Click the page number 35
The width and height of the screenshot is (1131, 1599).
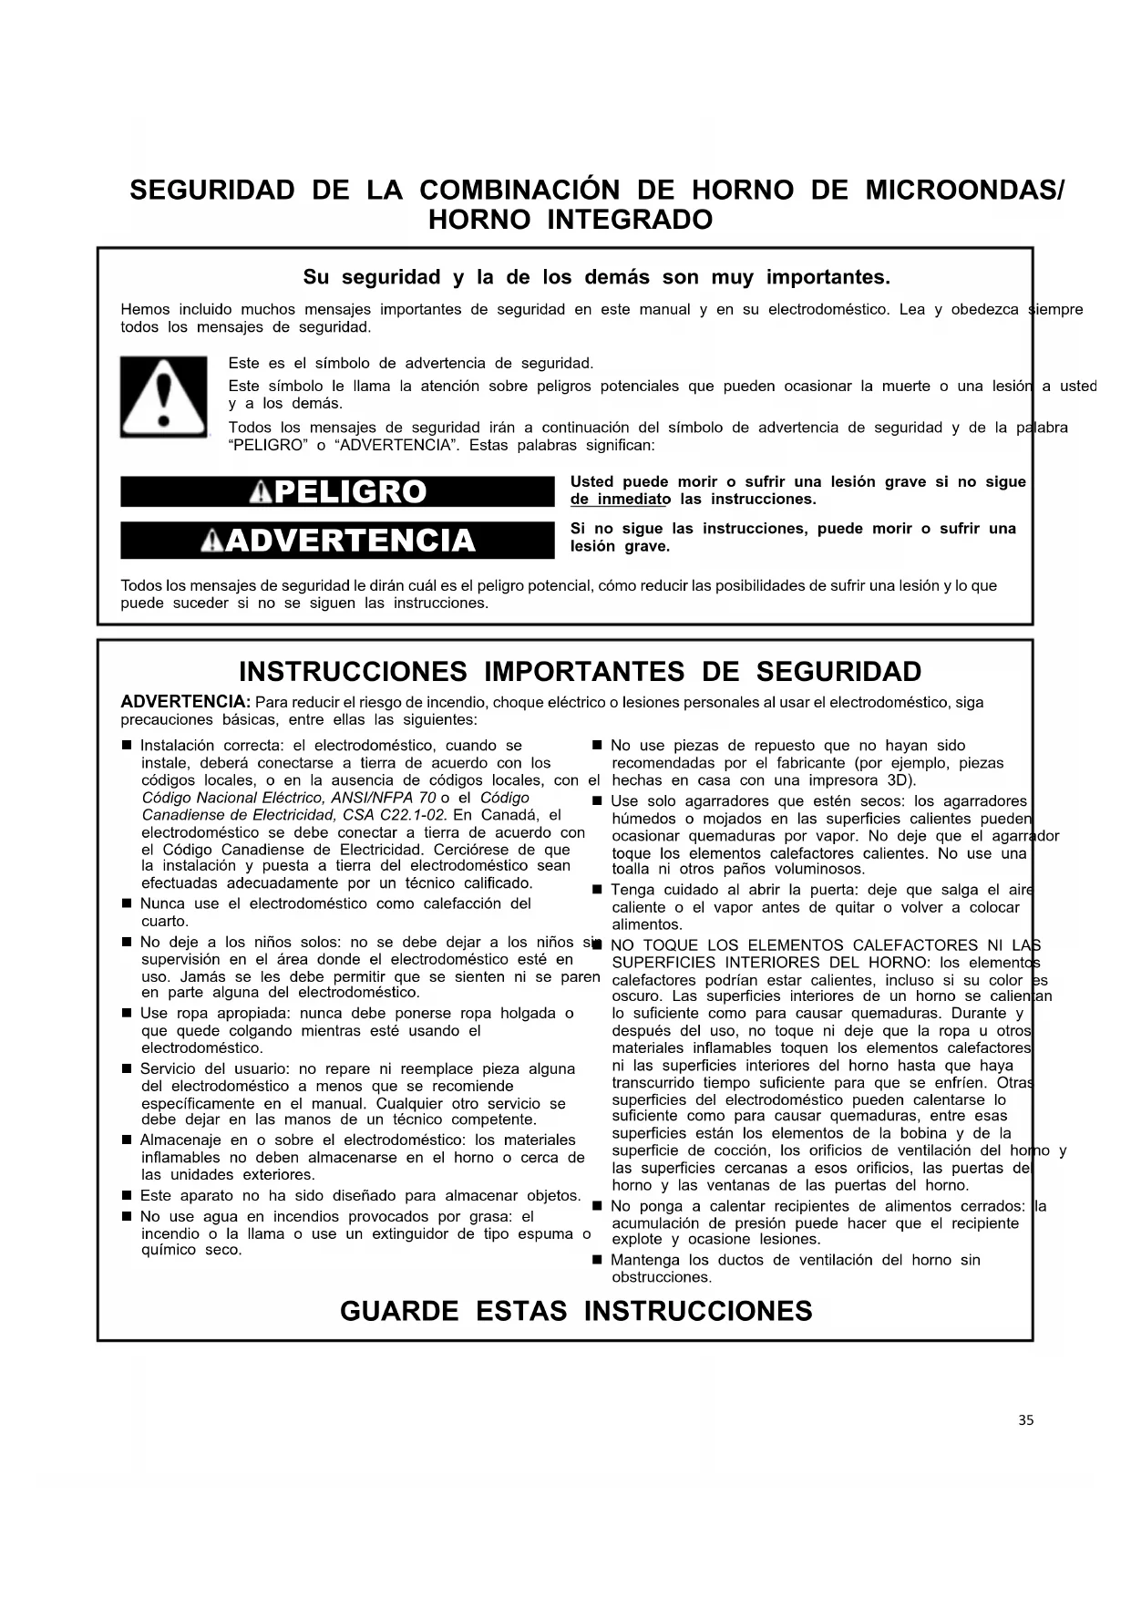[1026, 1420]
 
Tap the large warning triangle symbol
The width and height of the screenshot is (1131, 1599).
[163, 397]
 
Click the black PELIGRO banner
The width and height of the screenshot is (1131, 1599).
[337, 492]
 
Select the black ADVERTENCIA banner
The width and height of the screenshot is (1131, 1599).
[337, 541]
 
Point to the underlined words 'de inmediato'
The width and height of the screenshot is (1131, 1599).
[621, 500]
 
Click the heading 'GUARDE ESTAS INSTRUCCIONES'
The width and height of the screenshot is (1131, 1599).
[576, 1312]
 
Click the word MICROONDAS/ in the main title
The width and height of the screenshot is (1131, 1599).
[964, 191]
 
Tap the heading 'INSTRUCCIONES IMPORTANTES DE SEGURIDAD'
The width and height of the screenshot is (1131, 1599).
[580, 672]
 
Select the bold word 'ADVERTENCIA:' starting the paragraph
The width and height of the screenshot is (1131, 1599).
[186, 702]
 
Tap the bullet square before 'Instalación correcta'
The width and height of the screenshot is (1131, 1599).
[128, 746]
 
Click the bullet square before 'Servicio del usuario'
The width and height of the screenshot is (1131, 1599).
[128, 1068]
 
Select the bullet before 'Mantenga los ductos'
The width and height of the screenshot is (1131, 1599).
[598, 1260]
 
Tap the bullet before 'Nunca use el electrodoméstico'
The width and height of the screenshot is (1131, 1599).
[128, 903]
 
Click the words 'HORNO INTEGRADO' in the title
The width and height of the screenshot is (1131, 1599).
[571, 221]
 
